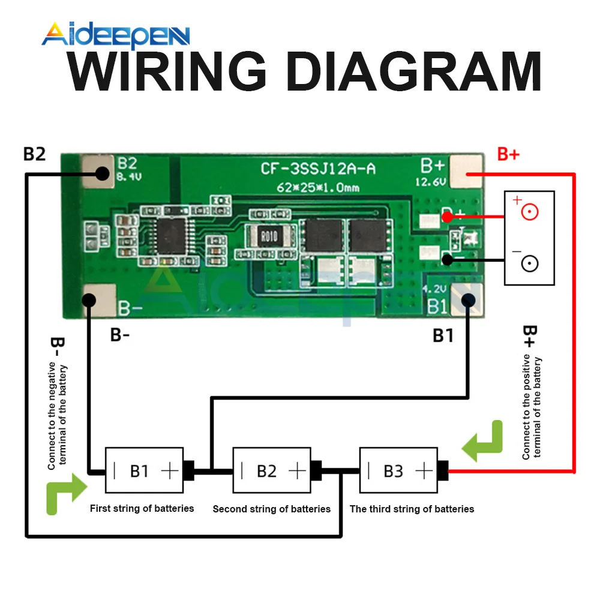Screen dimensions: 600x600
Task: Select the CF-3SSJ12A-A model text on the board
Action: [318, 169]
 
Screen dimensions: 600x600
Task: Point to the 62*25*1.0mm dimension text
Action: [318, 187]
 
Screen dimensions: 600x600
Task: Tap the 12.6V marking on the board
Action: [430, 182]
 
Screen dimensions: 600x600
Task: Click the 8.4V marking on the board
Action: [128, 178]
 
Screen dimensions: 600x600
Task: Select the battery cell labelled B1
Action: [144, 471]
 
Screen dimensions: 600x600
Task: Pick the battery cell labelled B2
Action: [271, 471]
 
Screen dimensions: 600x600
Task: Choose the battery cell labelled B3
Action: [398, 471]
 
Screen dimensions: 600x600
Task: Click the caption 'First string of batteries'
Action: [142, 508]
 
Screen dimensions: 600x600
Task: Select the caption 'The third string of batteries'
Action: [412, 509]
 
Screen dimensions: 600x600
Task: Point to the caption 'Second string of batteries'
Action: [271, 509]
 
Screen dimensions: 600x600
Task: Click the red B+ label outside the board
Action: [508, 154]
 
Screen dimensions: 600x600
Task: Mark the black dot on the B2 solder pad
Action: [101, 174]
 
